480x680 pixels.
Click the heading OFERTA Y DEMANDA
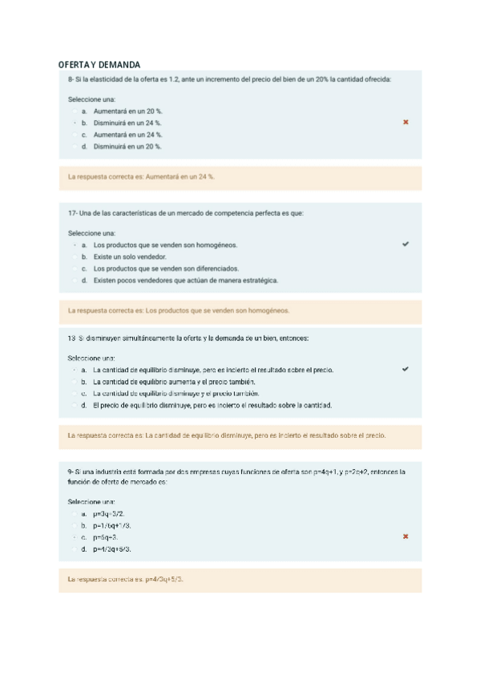99,64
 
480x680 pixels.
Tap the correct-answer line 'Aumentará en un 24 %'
141,176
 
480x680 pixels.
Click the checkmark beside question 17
405,244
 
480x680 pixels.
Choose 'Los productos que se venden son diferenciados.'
166,269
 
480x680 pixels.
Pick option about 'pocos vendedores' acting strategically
185,281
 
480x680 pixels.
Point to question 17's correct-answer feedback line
179,310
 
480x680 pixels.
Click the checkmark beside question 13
405,369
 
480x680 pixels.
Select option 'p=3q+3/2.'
109,513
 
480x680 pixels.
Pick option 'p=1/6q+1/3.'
112,525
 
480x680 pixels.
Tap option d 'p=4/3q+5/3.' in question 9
112,549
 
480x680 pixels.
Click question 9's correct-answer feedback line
126,579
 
